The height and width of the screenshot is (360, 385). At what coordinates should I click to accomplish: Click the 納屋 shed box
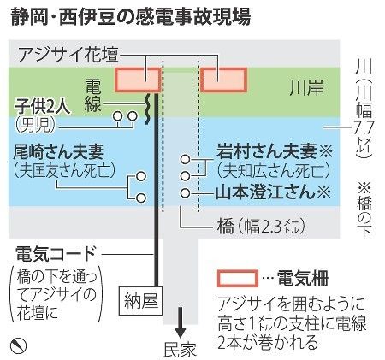point(141,300)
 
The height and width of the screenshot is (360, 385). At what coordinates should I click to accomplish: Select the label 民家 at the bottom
point(181,350)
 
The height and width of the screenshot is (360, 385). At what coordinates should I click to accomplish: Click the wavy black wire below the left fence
point(147,109)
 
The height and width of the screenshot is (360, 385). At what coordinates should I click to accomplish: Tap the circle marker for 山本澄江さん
point(185,193)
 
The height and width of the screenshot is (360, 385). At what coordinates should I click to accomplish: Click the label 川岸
point(306,87)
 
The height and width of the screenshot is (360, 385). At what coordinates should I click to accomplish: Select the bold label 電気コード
point(56,254)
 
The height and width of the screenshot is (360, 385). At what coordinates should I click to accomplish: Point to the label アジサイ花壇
point(68,55)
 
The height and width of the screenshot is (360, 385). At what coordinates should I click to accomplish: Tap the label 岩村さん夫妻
point(267,150)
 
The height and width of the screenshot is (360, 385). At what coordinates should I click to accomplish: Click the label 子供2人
point(43,107)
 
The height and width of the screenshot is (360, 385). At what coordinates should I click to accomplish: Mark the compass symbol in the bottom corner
point(18,345)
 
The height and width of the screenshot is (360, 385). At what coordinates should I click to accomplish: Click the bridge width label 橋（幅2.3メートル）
point(261,227)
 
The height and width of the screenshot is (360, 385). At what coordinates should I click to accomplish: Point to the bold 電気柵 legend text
point(303,278)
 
